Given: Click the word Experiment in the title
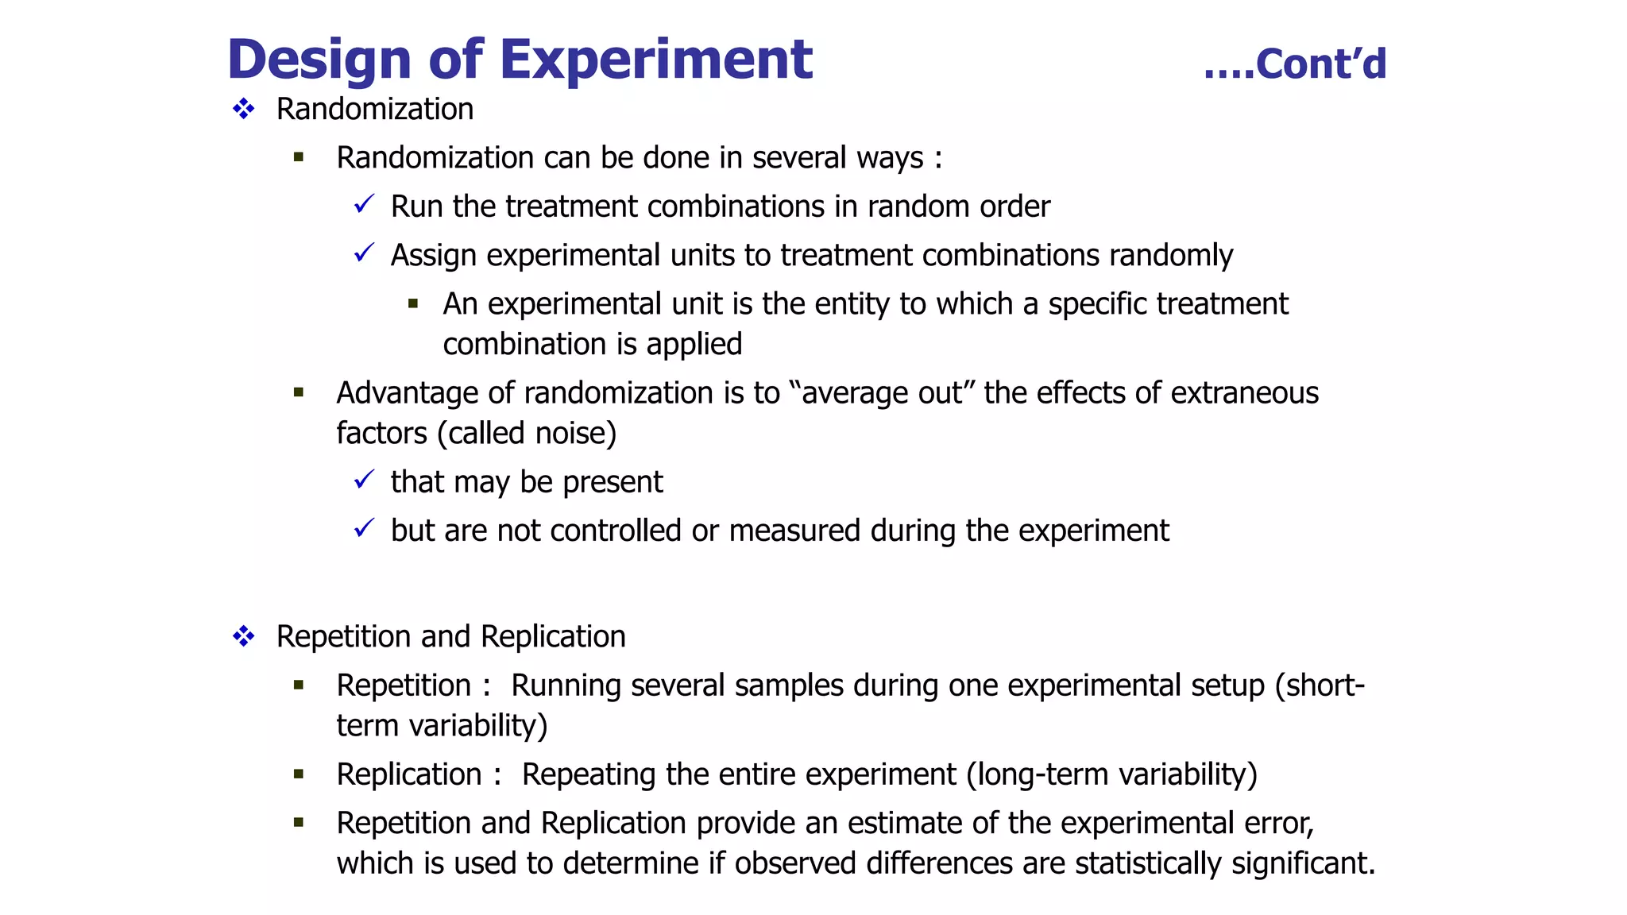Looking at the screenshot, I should (x=655, y=60).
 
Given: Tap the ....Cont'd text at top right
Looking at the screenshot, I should (x=1295, y=64).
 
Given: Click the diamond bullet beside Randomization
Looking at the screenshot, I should (x=244, y=109).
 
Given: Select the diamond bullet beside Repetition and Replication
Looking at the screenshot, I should (x=244, y=636).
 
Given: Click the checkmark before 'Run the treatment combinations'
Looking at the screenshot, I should (x=364, y=205).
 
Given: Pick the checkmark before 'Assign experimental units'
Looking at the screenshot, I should (x=364, y=253).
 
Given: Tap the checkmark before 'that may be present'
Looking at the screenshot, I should (x=364, y=480).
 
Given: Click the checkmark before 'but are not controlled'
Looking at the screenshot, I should (x=364, y=528).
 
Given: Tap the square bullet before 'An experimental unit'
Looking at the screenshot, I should (x=413, y=303).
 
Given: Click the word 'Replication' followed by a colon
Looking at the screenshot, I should (x=409, y=774).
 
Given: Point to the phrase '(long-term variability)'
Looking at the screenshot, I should (x=1112, y=774).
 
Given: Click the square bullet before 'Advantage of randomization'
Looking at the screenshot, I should (x=299, y=392).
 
